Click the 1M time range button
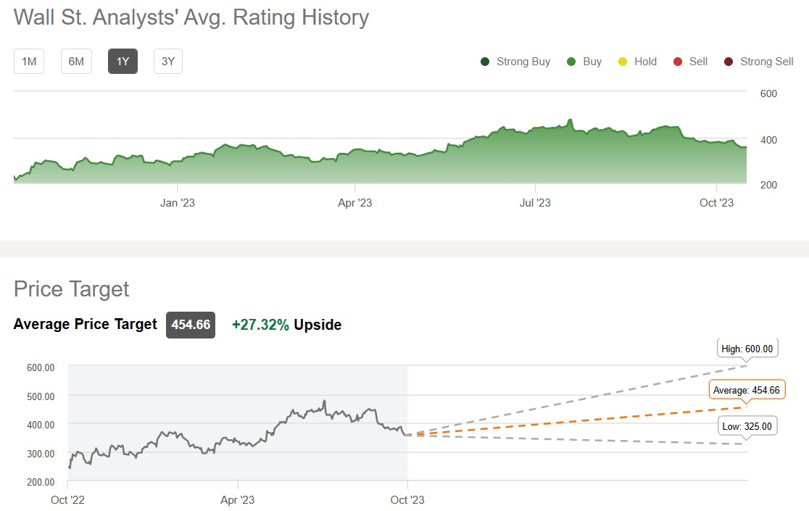tap(29, 62)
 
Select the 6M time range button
tap(76, 62)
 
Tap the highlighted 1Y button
tap(123, 62)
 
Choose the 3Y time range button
tap(168, 62)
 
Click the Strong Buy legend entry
tap(515, 62)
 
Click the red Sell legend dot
tap(678, 62)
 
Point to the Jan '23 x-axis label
tap(178, 203)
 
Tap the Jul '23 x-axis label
tap(536, 203)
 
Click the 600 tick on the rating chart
tap(768, 94)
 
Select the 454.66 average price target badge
tap(191, 325)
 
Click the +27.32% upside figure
tap(260, 325)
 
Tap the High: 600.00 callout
tap(747, 349)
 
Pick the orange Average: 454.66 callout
tap(747, 390)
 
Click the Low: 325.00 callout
tap(747, 426)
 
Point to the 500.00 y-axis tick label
tap(41, 396)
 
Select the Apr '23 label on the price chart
tap(238, 499)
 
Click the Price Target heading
tap(71, 289)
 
